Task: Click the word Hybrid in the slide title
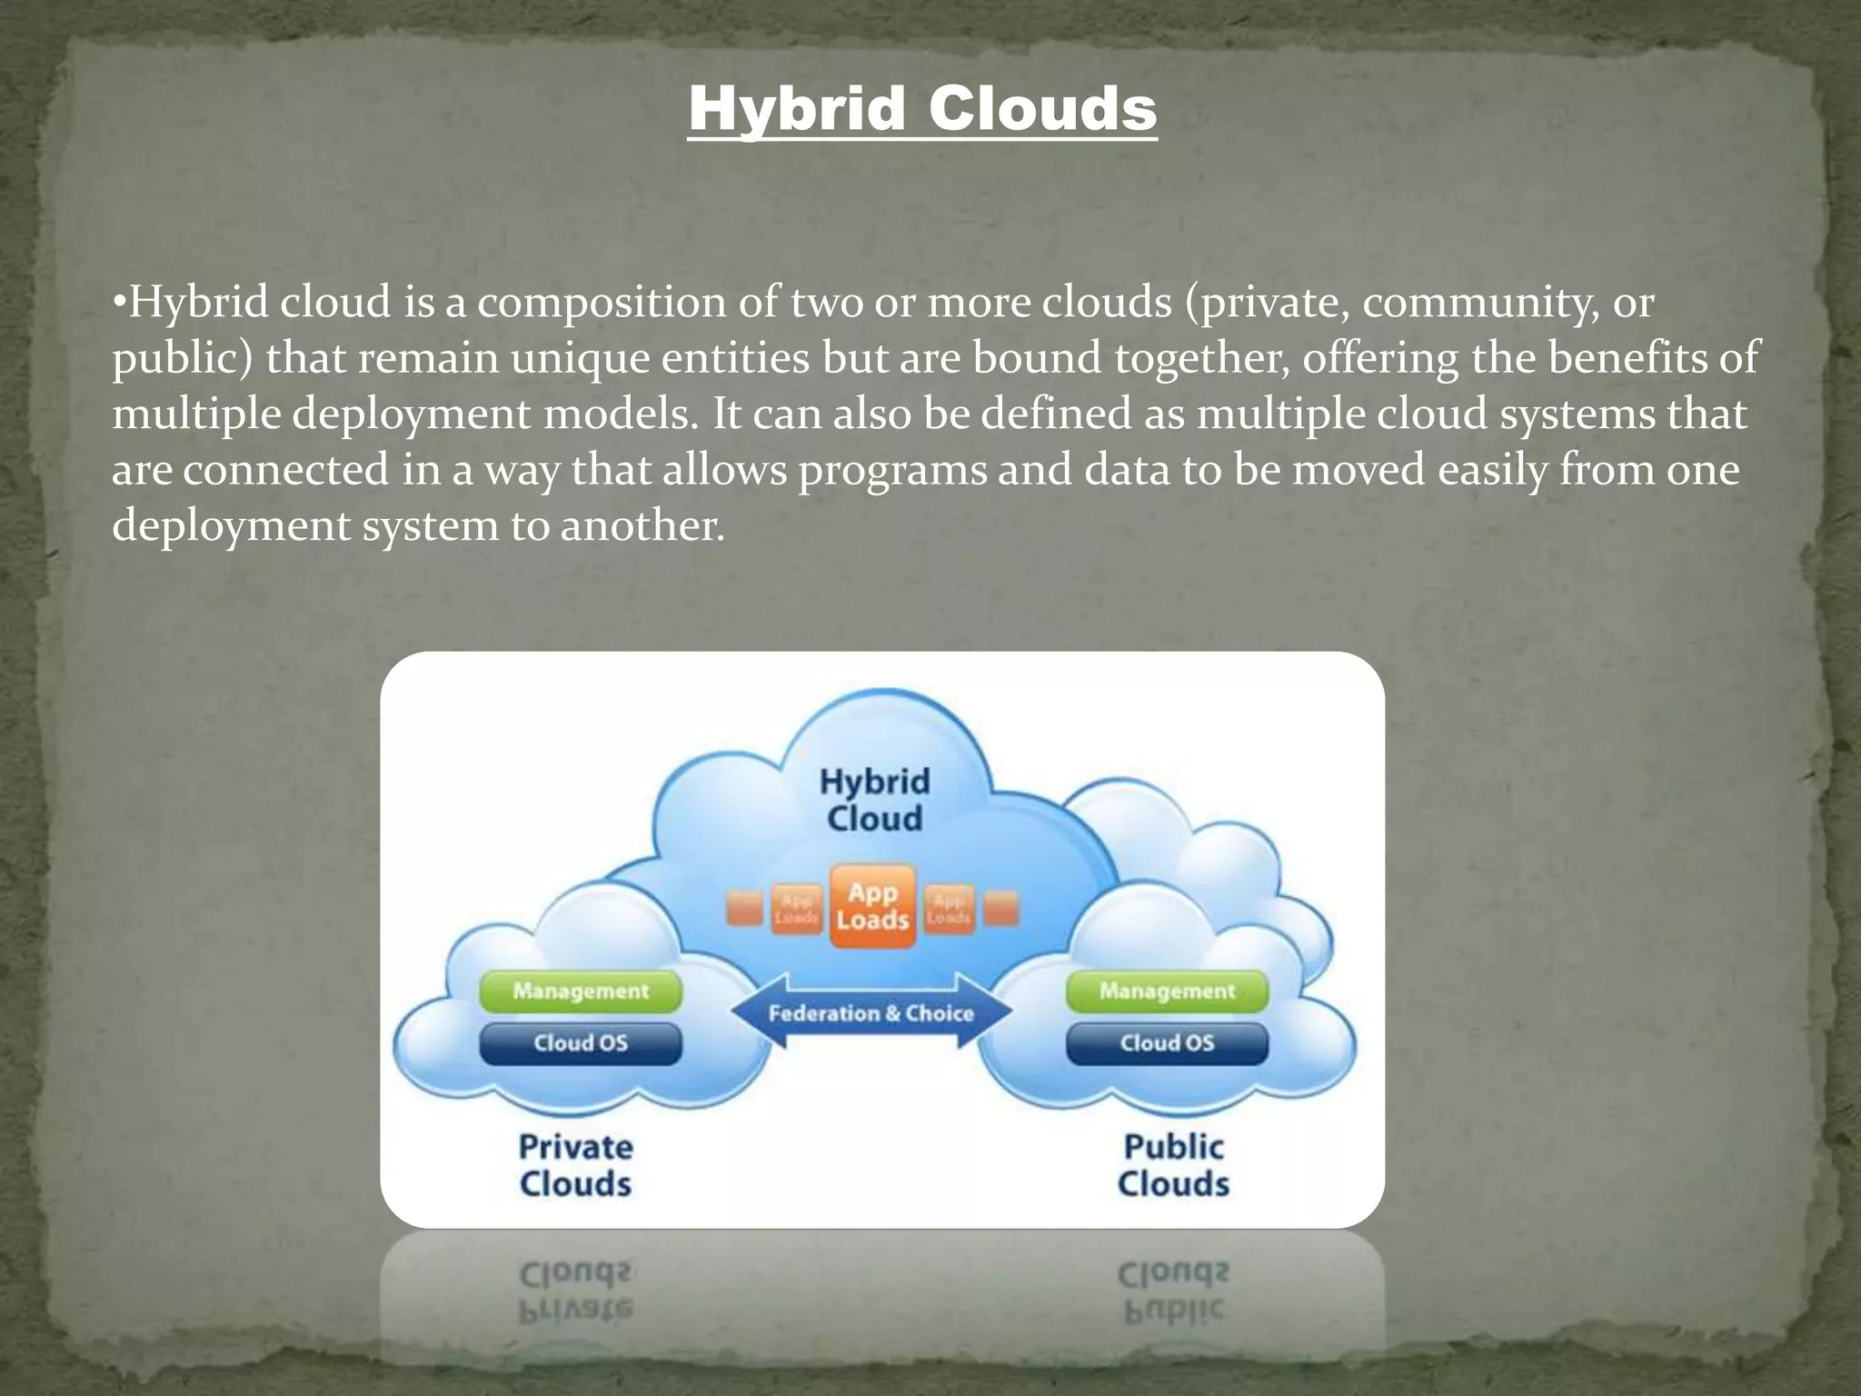tap(796, 109)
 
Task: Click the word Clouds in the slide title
tap(1042, 109)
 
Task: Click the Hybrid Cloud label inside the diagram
tap(874, 800)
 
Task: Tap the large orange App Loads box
tap(872, 906)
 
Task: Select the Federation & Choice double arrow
tap(871, 1012)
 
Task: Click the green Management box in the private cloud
tap(581, 991)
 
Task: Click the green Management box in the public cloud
tap(1167, 991)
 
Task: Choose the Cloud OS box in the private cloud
tap(581, 1042)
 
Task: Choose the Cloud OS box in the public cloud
tap(1167, 1042)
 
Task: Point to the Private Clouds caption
tap(575, 1165)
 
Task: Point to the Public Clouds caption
tap(1173, 1165)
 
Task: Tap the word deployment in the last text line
tap(231, 526)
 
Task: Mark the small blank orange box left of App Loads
tap(744, 908)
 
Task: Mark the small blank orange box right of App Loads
tap(1001, 908)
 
